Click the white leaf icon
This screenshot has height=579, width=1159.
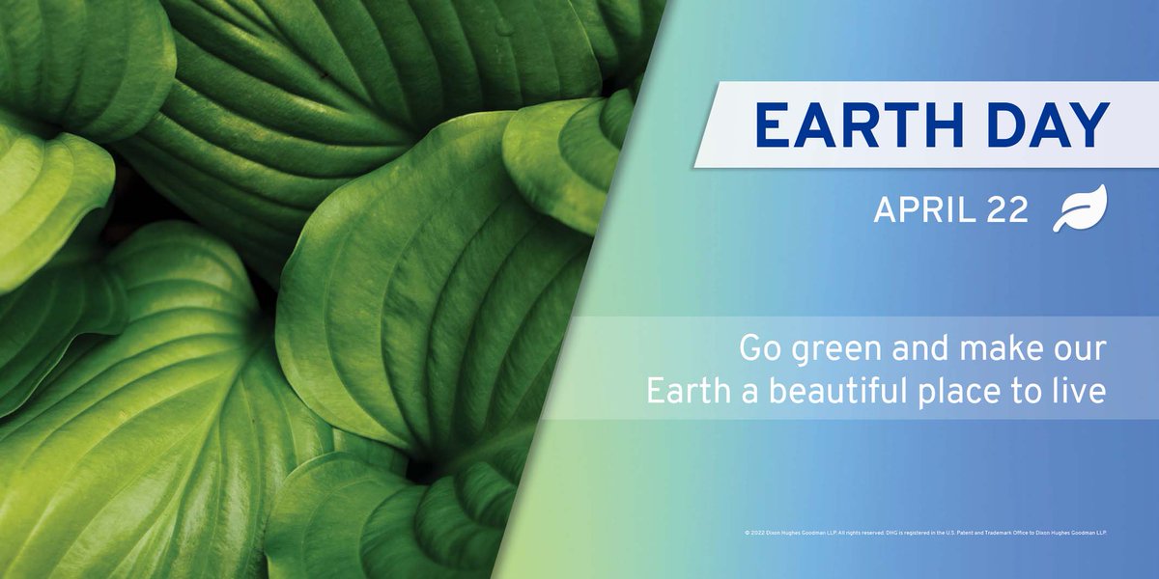[1079, 208]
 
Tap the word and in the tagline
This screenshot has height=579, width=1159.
[919, 348]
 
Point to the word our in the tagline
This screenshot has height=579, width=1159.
[1080, 350]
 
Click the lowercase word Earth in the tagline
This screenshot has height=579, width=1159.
[684, 393]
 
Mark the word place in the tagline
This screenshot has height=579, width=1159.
[963, 395]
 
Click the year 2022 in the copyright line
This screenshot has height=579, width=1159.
[757, 533]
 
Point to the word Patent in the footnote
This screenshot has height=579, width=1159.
[965, 533]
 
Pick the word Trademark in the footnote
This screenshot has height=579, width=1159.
[998, 533]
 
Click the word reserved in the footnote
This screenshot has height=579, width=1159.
[872, 533]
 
